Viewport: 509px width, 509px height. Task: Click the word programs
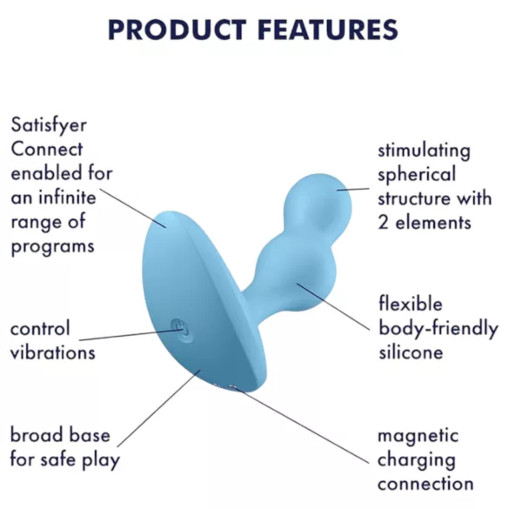[x=52, y=246]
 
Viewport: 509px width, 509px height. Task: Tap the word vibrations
[x=52, y=352]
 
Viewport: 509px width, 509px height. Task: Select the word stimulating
[x=424, y=151]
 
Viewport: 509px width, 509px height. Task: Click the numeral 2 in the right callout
[x=384, y=222]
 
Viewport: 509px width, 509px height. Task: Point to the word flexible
[x=411, y=305]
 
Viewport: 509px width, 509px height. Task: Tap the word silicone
[x=411, y=352]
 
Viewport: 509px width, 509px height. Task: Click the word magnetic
[x=418, y=435]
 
